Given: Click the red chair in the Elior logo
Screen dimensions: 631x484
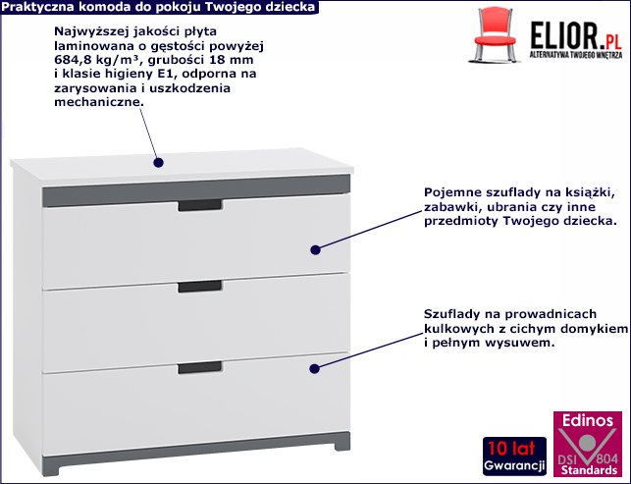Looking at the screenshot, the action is [495, 35].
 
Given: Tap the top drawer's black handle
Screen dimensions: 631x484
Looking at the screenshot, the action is [200, 205].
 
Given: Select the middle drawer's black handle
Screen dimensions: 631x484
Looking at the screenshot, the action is [200, 287].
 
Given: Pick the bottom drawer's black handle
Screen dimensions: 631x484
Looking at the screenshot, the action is [200, 367].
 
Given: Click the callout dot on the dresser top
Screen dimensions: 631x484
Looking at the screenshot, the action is [159, 163].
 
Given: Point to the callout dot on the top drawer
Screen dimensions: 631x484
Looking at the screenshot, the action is [316, 250].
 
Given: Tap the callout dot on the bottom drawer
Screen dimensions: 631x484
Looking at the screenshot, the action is [315, 368].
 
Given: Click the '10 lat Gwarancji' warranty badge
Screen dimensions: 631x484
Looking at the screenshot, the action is [514, 457].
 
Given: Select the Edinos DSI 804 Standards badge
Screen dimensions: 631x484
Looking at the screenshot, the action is [588, 444].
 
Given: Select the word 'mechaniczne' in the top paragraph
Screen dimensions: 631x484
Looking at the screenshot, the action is [97, 102].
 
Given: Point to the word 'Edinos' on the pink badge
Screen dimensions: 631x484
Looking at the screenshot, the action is [588, 421].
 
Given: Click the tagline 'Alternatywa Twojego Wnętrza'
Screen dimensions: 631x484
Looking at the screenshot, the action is [576, 55].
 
